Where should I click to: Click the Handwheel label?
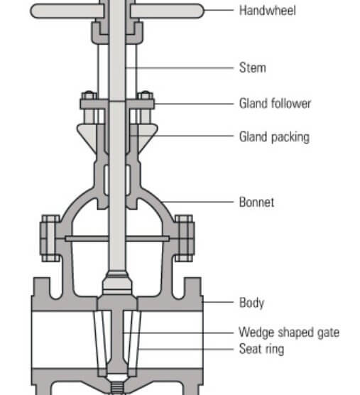[x=268, y=11]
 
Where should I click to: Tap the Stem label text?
[x=253, y=67]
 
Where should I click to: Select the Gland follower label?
[x=276, y=104]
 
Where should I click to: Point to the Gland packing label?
[x=274, y=137]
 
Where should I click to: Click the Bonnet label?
[x=256, y=202]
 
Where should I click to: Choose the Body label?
[x=251, y=303]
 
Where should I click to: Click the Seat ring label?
[x=261, y=350]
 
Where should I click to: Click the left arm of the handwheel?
[x=67, y=11]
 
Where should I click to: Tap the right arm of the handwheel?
[x=167, y=11]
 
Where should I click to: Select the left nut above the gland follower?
[x=89, y=96]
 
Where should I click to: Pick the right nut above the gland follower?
[x=146, y=96]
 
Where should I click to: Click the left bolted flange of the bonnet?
[x=50, y=238]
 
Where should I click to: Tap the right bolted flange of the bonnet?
[x=185, y=238]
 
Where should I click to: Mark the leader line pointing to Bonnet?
[x=197, y=202]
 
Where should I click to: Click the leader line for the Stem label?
[x=180, y=67]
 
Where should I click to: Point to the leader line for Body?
[x=218, y=302]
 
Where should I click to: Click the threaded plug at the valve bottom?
[x=117, y=387]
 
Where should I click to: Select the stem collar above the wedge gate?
[x=117, y=283]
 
